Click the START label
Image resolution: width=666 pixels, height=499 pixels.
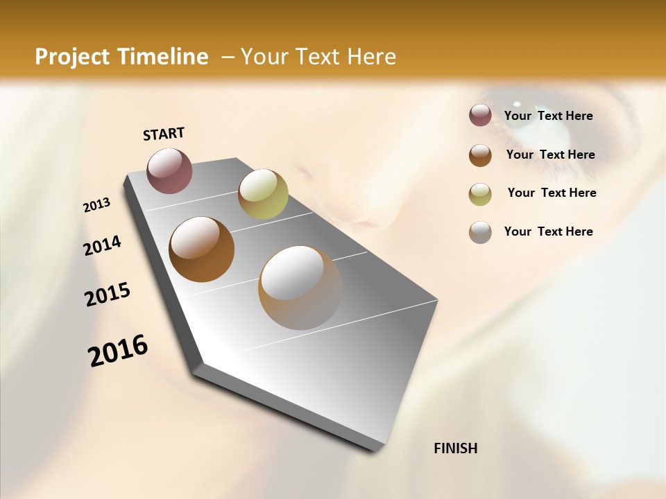coord(164,134)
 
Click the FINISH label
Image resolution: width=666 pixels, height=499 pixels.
coord(455,448)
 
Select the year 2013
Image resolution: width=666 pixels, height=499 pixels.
coord(96,205)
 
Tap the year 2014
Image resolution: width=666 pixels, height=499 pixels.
coord(102,245)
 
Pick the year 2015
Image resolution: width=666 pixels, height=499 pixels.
coord(108,295)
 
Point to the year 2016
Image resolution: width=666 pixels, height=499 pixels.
coord(118,351)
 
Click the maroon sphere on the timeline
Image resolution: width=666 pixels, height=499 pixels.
coord(169,170)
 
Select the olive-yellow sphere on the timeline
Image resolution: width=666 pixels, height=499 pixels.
coord(263,194)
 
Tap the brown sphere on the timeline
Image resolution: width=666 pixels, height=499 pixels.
coord(201,249)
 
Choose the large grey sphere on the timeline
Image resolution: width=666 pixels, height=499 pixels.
coord(300,288)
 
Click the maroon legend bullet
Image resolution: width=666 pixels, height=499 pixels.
coord(480,116)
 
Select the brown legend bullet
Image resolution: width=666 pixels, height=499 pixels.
coord(480,155)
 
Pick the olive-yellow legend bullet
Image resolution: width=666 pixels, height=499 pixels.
coord(480,193)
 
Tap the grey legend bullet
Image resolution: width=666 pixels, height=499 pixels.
coord(480,232)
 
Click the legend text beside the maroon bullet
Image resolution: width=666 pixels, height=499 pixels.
coord(548,116)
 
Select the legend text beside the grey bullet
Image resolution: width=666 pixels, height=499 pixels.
coord(548,231)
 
